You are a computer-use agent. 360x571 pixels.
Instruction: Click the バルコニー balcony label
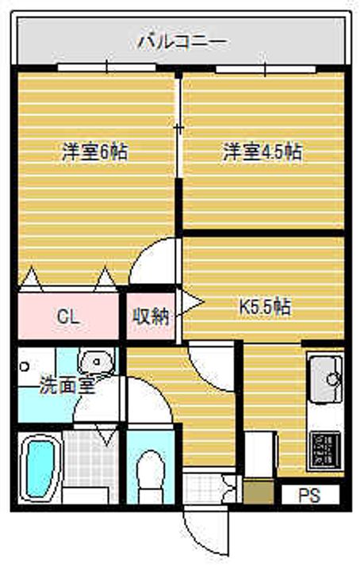pos(183,40)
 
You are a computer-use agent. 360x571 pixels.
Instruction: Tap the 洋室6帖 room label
pos(95,151)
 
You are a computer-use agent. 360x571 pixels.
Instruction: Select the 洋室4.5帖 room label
pos(262,151)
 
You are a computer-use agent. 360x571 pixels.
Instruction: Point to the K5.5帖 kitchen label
pos(265,307)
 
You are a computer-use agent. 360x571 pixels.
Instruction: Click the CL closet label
pos(68,317)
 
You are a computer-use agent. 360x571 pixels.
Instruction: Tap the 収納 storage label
pos(151,316)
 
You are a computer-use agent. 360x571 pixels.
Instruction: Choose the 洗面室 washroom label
pos(67,385)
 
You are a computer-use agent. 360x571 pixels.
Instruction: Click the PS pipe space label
pos(309,495)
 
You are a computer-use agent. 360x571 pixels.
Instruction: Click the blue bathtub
pos(40,469)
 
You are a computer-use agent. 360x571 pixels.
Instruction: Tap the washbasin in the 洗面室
pos(96,362)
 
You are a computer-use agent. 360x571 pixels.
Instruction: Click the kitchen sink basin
pos(326,379)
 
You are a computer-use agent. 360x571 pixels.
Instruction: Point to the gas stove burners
pos(325,450)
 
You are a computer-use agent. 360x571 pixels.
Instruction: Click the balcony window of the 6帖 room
pos(107,67)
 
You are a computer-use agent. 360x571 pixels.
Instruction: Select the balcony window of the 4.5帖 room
pos(266,69)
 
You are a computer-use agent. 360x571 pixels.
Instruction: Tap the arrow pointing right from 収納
pos(190,301)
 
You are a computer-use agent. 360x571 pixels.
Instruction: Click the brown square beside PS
pos(258,492)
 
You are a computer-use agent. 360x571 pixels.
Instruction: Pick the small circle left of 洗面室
pos(24,366)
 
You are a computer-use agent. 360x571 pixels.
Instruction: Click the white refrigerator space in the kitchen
pos(260,454)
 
